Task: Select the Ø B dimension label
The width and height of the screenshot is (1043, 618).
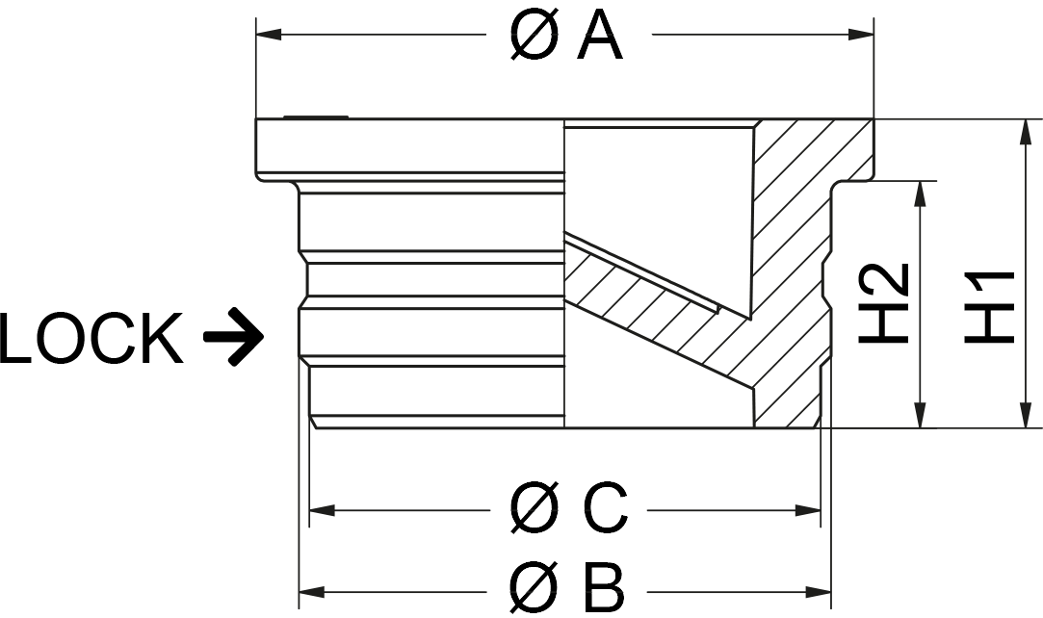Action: tap(566, 589)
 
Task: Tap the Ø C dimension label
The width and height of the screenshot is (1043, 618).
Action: tap(568, 508)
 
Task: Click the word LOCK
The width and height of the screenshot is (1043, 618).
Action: tap(91, 339)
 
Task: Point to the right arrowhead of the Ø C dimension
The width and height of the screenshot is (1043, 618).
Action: tap(807, 508)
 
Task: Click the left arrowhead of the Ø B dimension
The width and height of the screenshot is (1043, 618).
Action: tap(312, 590)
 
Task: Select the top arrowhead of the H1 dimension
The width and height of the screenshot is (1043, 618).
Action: tap(1024, 133)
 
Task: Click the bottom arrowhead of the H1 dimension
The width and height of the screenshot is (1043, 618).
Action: tap(1024, 415)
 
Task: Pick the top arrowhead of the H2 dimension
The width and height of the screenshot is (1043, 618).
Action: tap(922, 193)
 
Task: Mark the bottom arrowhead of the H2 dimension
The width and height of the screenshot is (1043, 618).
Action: tap(922, 415)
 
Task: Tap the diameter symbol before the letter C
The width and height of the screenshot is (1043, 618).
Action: tap(533, 508)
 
